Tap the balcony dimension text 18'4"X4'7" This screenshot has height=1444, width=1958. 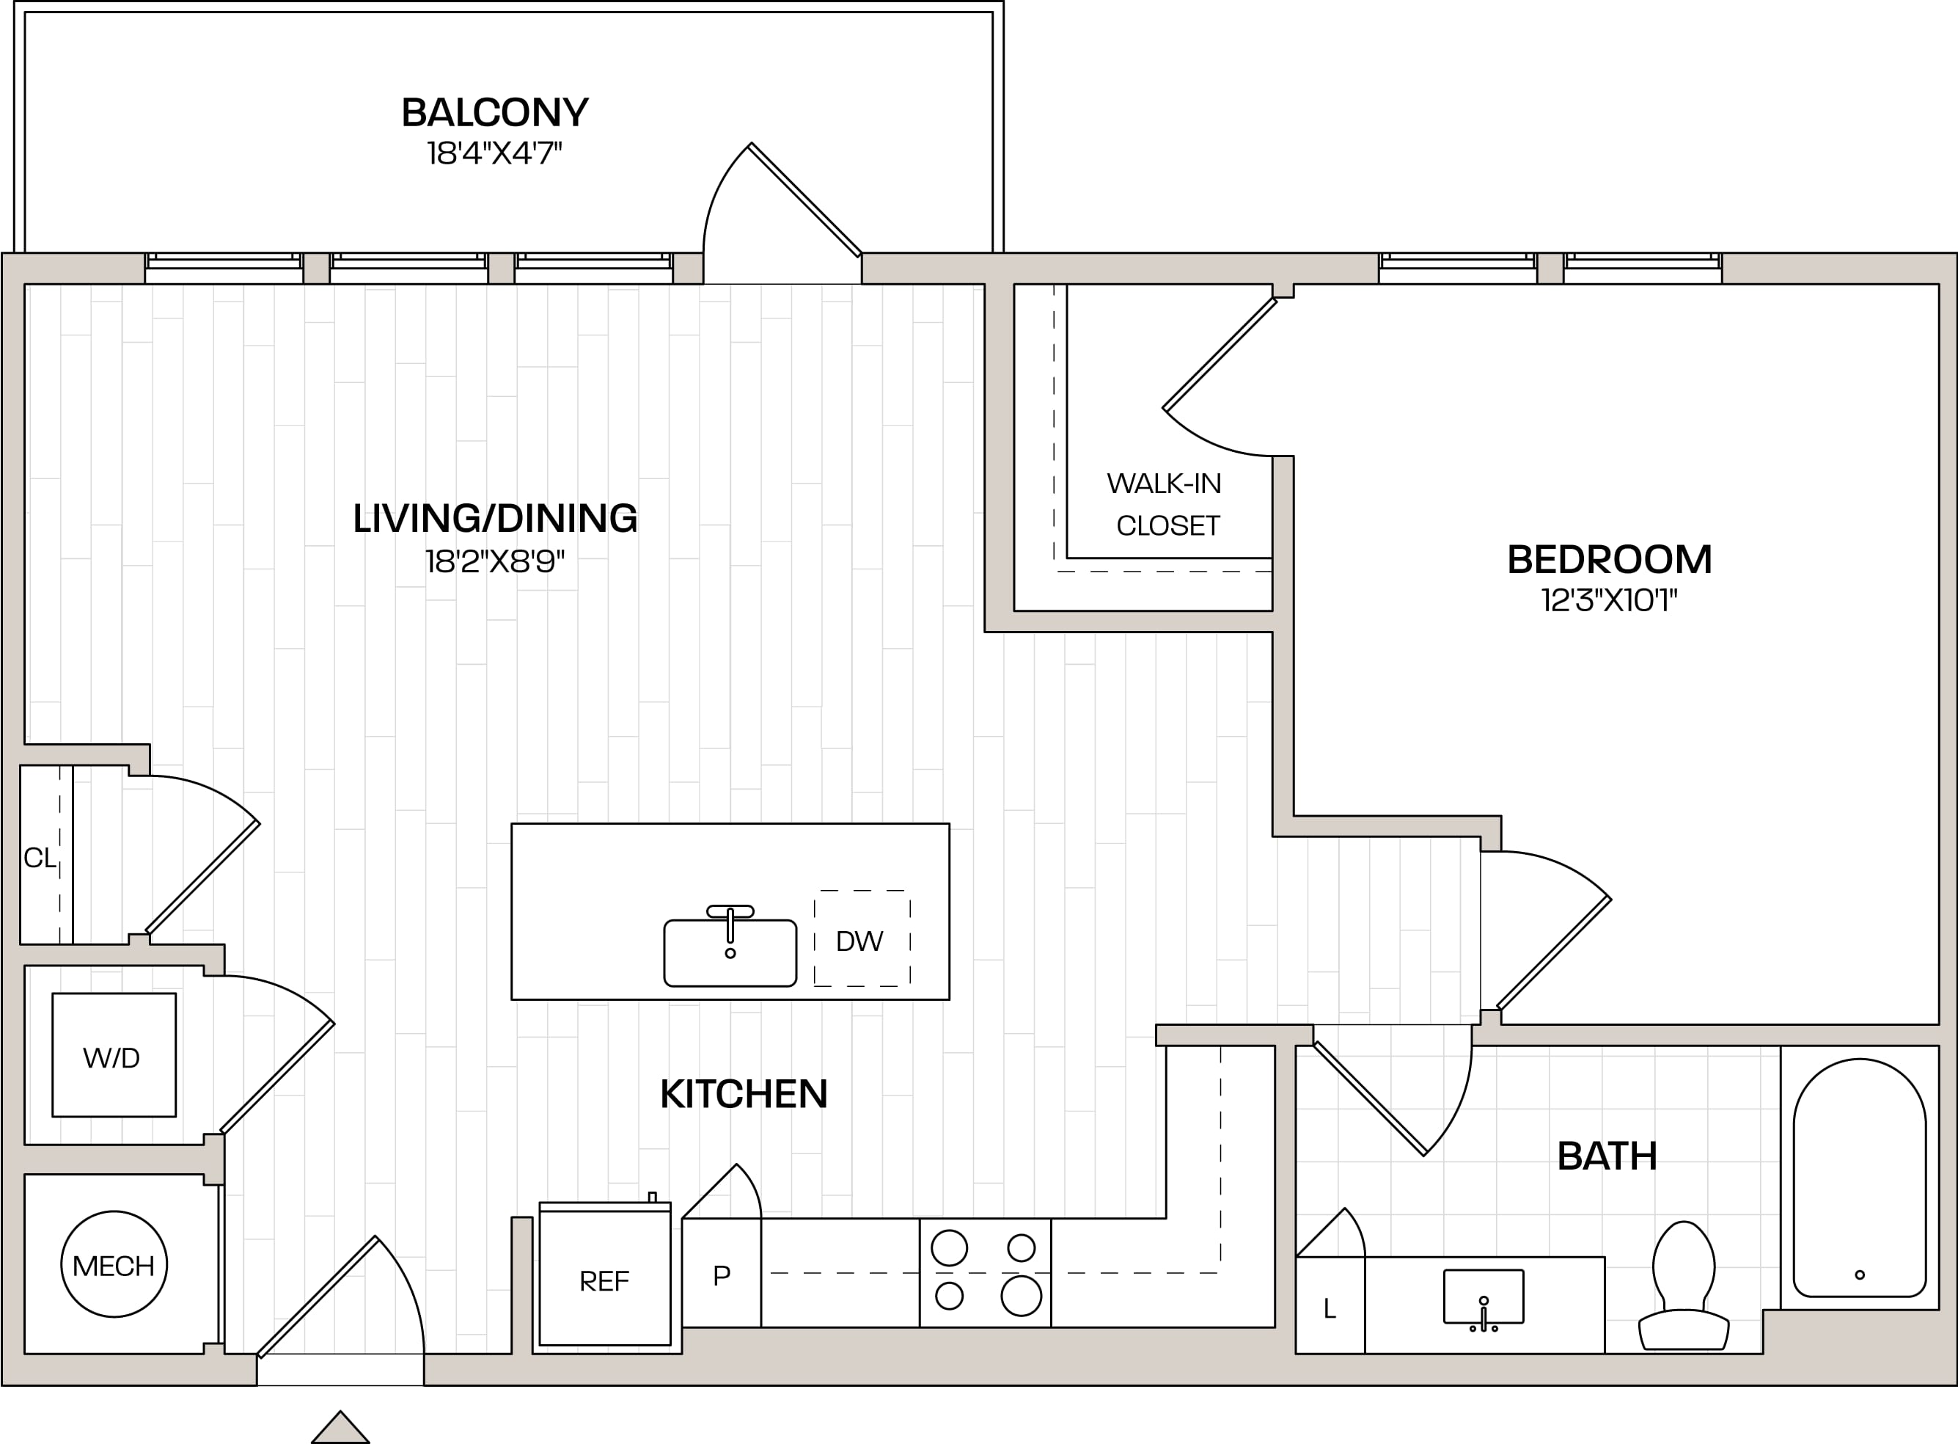(494, 153)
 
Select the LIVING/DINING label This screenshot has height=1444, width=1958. (494, 518)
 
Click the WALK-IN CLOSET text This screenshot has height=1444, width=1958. (1165, 504)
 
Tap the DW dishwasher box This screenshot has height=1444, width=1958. (862, 938)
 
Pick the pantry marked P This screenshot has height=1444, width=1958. (721, 1273)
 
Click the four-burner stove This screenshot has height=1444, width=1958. (985, 1273)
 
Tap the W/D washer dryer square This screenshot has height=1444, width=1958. (114, 1055)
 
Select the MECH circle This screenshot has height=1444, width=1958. (114, 1264)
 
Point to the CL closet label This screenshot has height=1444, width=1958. (40, 858)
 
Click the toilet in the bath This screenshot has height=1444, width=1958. (1684, 1287)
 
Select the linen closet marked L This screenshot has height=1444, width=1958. (1330, 1305)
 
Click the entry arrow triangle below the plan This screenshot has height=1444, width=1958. (341, 1429)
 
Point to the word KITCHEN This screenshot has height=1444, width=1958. (744, 1094)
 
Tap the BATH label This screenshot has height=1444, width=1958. (1607, 1156)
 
